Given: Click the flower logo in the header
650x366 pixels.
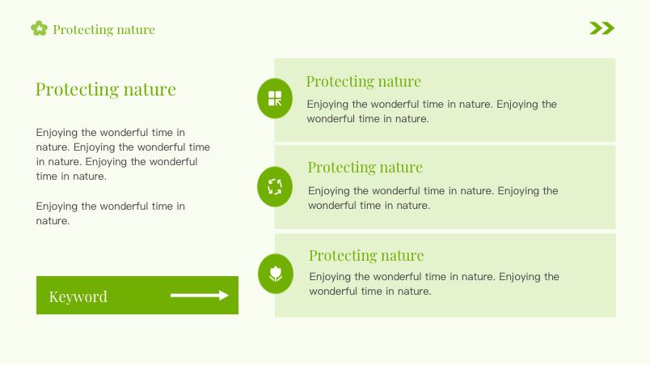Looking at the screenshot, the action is (x=39, y=28).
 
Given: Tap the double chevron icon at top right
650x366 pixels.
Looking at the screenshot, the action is (x=602, y=28).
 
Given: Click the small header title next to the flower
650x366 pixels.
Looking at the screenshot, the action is (x=103, y=29).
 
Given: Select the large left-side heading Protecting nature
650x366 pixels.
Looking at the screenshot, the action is (x=106, y=89).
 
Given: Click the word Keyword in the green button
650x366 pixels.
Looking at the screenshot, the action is (x=78, y=296).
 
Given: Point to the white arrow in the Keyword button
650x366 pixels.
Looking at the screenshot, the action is (x=200, y=295).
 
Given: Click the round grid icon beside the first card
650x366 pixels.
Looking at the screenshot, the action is (x=275, y=98).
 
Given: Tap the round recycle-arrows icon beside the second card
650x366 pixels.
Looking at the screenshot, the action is (x=275, y=187).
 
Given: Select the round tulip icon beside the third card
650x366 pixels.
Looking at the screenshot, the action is (x=276, y=274).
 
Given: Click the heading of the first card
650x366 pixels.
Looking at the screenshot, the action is (x=364, y=81).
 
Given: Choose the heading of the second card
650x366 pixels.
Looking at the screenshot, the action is (x=365, y=168).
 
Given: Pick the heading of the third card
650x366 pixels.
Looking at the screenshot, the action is (x=366, y=255).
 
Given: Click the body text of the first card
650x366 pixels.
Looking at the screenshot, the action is (x=432, y=111).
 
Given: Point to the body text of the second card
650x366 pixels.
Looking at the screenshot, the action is (x=433, y=198).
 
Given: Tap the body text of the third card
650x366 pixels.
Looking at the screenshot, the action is (x=434, y=284).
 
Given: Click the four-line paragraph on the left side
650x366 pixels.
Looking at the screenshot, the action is (x=123, y=155).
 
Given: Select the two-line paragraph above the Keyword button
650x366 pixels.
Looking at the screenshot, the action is (x=110, y=213).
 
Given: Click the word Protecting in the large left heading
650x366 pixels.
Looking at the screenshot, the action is (x=77, y=89).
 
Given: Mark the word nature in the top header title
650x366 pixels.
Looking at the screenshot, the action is (x=136, y=30).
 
